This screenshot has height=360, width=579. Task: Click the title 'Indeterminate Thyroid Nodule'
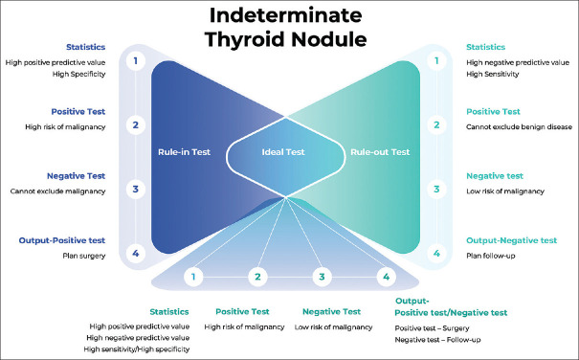[286, 28]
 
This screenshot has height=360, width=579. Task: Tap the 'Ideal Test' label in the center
[283, 152]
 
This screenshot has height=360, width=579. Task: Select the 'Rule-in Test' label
[185, 152]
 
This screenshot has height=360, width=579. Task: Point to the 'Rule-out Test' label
[380, 152]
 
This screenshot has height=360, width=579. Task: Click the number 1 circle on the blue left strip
[136, 60]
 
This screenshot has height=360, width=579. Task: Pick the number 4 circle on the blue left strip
[136, 254]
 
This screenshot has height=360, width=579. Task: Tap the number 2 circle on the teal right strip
[436, 124]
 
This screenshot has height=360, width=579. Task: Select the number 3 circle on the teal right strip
[436, 190]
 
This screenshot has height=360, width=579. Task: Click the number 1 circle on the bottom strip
[193, 277]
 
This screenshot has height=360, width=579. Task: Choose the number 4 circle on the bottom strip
[387, 277]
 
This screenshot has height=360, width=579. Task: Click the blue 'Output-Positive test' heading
[62, 240]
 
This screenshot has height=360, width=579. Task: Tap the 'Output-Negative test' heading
[511, 240]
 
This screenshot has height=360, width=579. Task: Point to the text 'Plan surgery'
[84, 256]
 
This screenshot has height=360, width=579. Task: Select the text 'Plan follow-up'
[490, 256]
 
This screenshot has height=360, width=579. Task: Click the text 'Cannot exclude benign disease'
[519, 127]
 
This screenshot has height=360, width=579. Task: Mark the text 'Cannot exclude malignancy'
[58, 191]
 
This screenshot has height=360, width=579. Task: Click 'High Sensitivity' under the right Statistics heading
[492, 74]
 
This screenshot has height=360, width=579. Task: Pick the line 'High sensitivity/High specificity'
[137, 349]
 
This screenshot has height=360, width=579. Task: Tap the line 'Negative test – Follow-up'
[437, 340]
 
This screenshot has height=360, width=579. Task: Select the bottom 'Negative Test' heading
[331, 312]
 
